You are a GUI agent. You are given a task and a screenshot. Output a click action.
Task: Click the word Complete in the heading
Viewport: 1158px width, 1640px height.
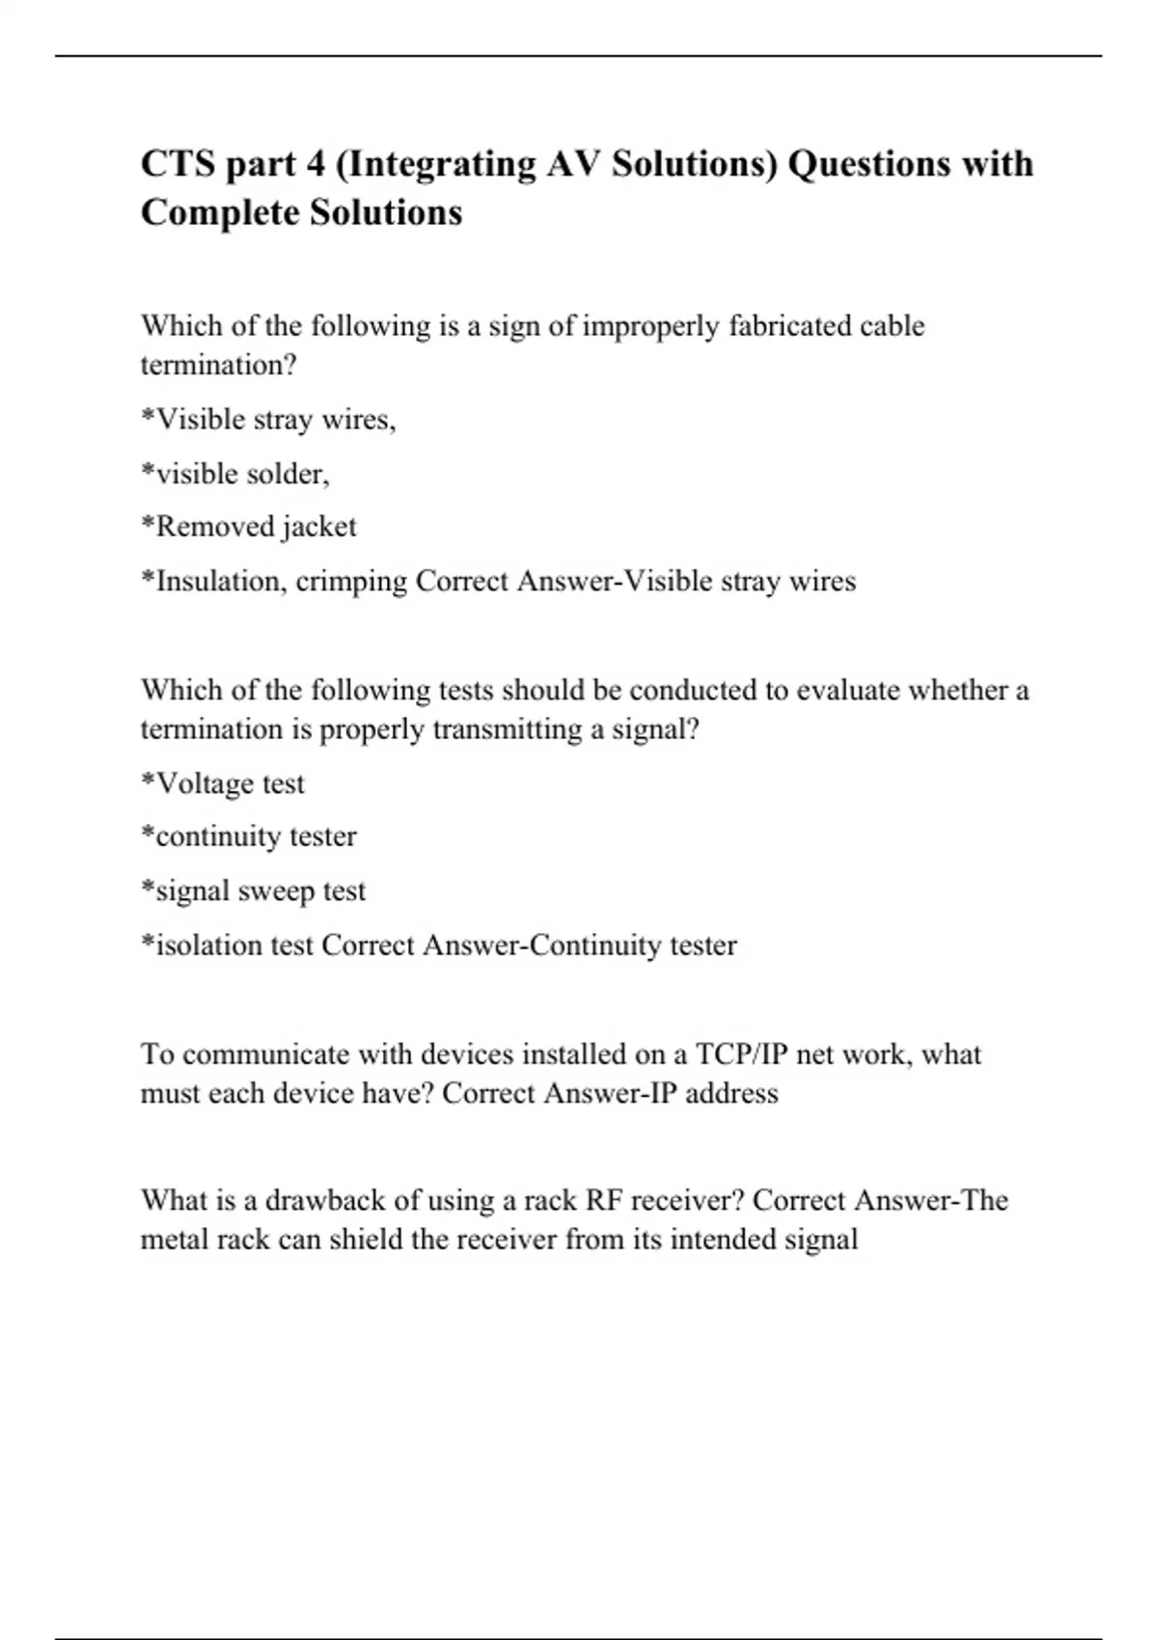pyautogui.click(x=219, y=212)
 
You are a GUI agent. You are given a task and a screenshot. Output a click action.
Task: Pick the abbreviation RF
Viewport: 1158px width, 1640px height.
pyautogui.click(x=603, y=1200)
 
